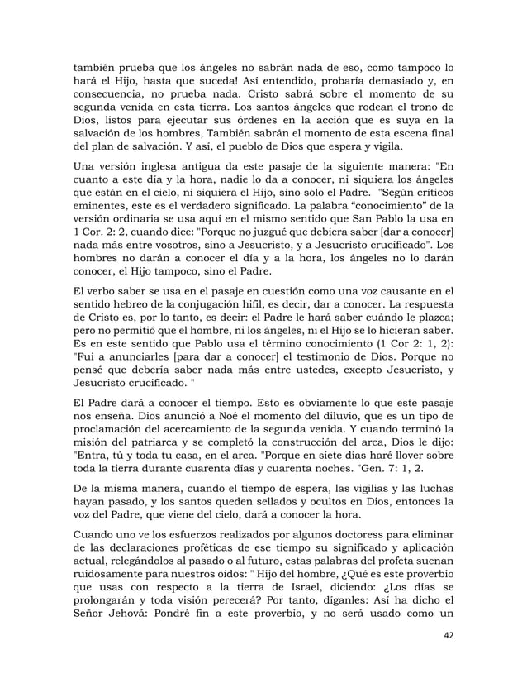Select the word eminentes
pos(100,204)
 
